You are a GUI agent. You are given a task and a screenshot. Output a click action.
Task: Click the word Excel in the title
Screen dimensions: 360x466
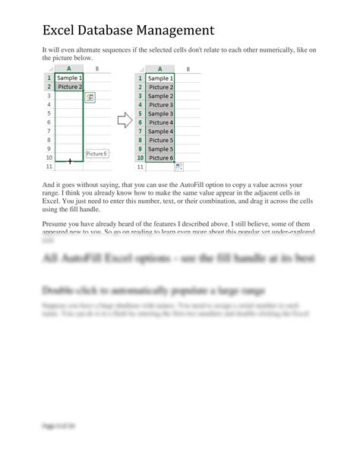pos(63,31)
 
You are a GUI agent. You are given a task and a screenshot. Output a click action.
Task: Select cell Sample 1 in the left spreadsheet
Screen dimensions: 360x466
pos(70,78)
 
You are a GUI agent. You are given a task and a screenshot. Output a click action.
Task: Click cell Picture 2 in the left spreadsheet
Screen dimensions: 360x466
pos(70,87)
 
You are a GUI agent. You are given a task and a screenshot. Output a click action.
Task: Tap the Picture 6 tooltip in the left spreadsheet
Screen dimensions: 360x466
pos(96,154)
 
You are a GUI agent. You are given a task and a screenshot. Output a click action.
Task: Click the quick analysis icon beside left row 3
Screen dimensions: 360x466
pos(90,97)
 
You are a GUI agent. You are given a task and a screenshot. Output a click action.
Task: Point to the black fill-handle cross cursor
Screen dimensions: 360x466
pos(70,161)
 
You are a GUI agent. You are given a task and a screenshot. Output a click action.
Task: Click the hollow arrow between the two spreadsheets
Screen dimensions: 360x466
pos(123,120)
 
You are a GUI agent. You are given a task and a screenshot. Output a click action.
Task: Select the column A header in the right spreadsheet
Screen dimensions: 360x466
pos(159,68)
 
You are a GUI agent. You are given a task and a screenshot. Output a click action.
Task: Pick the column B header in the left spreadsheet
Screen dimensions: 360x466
pos(96,68)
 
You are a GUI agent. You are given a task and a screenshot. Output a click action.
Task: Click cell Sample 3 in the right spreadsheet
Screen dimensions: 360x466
pos(159,113)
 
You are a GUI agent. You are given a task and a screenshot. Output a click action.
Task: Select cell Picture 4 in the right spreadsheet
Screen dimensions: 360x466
pos(159,122)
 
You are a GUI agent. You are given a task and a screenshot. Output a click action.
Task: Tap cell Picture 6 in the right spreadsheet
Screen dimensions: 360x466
pos(159,157)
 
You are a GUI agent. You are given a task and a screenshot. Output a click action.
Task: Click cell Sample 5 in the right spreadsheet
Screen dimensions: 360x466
pos(159,149)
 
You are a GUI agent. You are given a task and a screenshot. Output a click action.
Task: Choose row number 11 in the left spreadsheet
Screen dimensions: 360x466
pos(49,166)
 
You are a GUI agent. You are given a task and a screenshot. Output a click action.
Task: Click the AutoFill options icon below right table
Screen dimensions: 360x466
pos(178,166)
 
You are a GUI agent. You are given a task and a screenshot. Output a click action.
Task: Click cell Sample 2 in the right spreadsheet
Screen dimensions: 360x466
pos(159,96)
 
